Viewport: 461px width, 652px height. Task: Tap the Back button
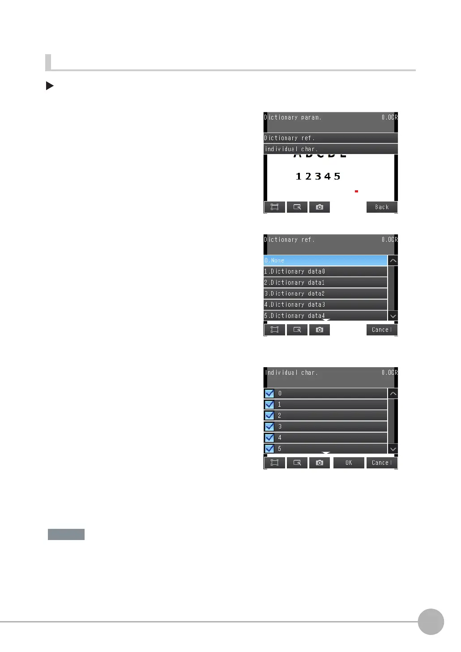[x=382, y=207]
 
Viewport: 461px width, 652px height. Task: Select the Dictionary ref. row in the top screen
[x=330, y=138]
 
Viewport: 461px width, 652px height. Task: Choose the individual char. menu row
[x=330, y=149]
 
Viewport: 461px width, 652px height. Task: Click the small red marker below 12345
[x=356, y=191]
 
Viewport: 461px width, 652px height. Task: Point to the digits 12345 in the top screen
[x=318, y=176]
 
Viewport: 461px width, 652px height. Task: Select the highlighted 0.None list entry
[x=325, y=261]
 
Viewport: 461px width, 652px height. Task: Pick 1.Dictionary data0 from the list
[x=325, y=271]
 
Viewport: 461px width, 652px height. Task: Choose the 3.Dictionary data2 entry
[x=325, y=293]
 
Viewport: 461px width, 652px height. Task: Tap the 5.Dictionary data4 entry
[x=325, y=315]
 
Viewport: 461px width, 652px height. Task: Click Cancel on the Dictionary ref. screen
[x=382, y=330]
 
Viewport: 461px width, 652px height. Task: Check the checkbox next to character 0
[x=269, y=394]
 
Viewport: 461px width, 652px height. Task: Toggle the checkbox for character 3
[x=269, y=427]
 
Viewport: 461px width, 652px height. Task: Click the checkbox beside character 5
[x=269, y=449]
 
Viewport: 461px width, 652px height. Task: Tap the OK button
[x=349, y=463]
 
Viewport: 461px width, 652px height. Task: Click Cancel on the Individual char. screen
[x=382, y=463]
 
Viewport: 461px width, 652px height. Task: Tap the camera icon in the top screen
[x=320, y=207]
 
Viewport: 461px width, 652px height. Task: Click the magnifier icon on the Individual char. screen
[x=297, y=463]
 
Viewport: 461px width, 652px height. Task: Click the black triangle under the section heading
[x=50, y=86]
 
